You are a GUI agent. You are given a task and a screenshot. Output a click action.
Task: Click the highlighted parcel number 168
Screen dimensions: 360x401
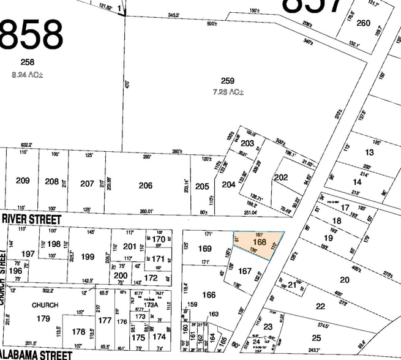click(260, 244)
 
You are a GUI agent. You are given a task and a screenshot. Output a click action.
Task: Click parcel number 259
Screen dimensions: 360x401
click(228, 81)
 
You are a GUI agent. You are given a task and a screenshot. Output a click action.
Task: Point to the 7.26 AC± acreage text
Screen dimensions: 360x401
click(228, 92)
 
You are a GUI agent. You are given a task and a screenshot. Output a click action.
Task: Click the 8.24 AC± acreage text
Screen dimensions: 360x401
click(28, 75)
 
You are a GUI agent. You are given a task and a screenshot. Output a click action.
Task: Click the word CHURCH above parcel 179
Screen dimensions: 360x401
click(45, 305)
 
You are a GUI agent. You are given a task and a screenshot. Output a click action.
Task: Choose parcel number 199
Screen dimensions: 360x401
click(88, 257)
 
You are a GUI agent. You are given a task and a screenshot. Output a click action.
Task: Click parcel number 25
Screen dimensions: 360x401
click(316, 337)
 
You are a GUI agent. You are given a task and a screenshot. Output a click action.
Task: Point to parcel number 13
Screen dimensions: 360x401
click(369, 152)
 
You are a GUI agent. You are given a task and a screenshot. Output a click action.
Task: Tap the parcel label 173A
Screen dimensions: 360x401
click(151, 304)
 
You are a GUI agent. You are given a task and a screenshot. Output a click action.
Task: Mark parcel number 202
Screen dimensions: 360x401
click(280, 178)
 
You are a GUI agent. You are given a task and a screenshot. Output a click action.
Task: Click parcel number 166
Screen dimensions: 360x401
click(209, 294)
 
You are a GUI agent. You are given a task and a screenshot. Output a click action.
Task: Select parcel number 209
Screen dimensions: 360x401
click(23, 181)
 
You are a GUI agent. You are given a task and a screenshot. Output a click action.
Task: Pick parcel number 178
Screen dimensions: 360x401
click(78, 331)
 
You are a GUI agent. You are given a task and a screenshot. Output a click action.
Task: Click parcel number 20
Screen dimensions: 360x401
click(345, 280)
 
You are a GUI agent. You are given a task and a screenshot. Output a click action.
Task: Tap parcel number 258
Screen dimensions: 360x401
click(28, 62)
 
